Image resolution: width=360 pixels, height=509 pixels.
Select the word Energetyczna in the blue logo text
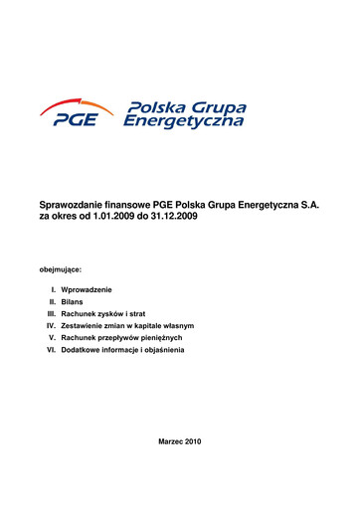[183, 122]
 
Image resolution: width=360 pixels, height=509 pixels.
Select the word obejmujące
[60, 269]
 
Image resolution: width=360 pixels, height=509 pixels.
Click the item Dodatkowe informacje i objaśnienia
[122, 351]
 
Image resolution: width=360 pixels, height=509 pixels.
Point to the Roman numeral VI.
[51, 351]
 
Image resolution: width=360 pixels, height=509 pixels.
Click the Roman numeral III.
[51, 312]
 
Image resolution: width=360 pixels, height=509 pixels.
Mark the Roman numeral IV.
[51, 325]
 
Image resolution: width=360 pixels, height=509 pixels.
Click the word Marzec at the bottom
[171, 440]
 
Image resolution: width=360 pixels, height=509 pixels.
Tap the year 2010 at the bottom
[193, 440]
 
